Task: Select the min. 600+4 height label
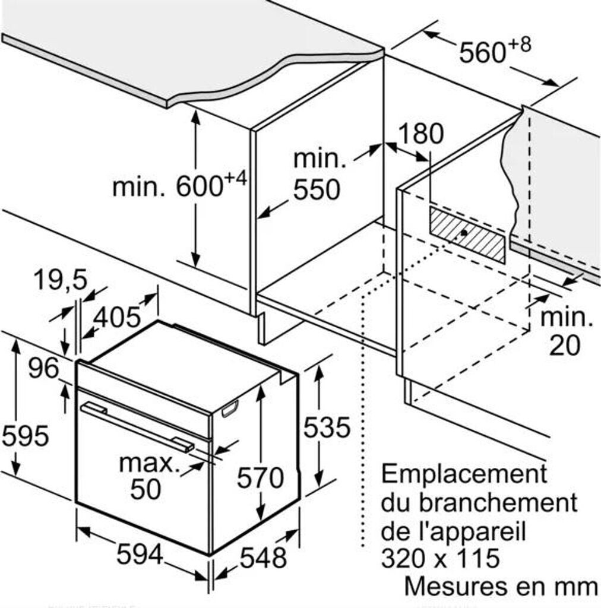(179, 185)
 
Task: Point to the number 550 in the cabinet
(317, 190)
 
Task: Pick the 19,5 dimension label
(59, 278)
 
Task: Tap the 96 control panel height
(44, 369)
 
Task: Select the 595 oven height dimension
(24, 436)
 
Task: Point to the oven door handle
(137, 426)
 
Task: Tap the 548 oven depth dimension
(263, 558)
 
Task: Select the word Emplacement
(463, 474)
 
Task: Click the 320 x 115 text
(439, 558)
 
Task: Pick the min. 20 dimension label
(565, 331)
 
